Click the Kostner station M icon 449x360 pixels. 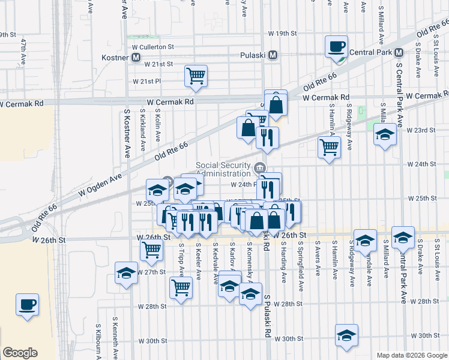136,58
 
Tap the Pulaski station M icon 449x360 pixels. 273,55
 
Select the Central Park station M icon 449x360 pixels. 399,53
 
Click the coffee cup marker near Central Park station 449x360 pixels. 336,47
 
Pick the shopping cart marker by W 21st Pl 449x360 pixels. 196,76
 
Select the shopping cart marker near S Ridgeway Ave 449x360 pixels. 329,147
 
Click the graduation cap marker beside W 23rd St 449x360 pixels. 385,134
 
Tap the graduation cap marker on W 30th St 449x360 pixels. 346,336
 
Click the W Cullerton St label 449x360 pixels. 153,46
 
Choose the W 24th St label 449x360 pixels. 421,164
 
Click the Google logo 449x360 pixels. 20,353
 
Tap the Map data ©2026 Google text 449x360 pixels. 411,355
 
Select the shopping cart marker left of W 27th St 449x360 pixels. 152,250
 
